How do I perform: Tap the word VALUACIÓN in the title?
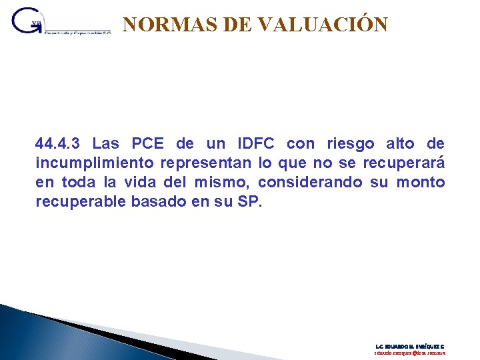(x=322, y=25)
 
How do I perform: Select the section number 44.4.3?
(x=59, y=143)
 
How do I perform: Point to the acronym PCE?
(x=149, y=143)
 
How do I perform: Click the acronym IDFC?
(x=256, y=143)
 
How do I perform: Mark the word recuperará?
(x=403, y=163)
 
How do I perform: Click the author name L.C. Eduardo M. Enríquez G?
(x=410, y=347)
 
